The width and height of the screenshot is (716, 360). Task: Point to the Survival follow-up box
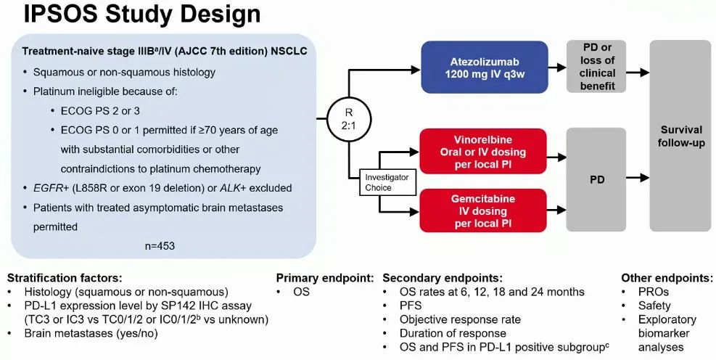680,136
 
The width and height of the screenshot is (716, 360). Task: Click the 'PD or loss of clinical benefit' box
598,67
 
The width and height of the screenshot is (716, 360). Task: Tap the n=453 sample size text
160,245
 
